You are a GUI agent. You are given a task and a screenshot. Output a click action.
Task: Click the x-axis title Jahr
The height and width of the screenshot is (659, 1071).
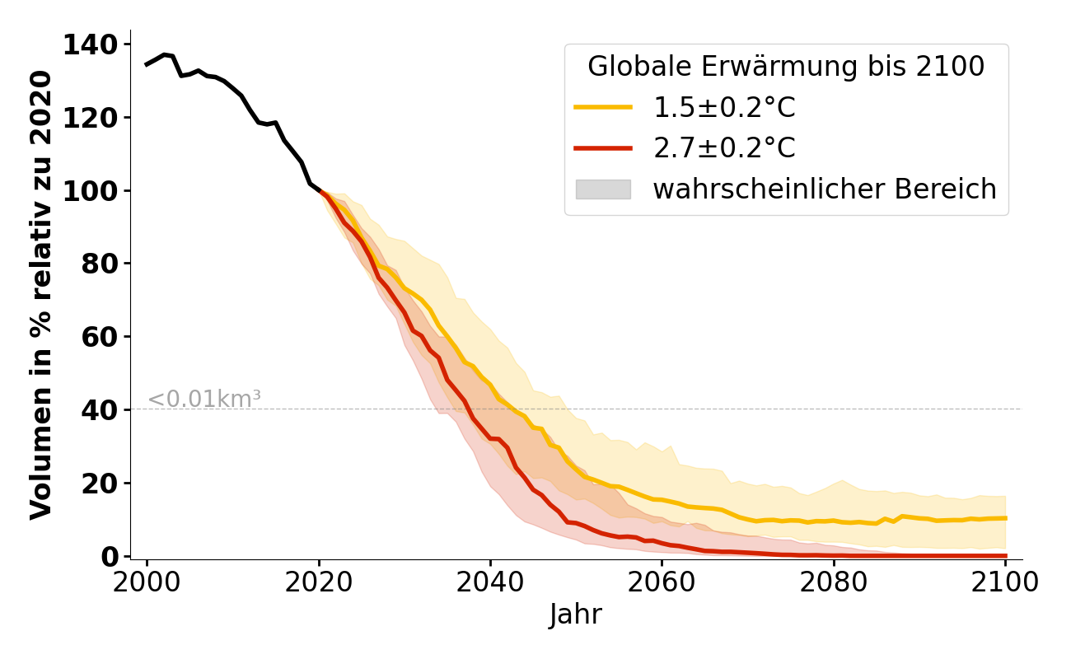(576, 615)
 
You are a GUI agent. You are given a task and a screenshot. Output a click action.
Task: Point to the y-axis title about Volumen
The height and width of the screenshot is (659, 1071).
(41, 295)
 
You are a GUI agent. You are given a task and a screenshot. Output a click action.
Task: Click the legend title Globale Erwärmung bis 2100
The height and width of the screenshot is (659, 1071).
(786, 67)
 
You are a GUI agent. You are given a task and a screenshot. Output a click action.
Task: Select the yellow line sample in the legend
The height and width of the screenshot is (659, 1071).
(603, 107)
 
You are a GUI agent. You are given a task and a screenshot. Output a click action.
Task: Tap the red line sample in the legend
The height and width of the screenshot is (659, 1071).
(603, 148)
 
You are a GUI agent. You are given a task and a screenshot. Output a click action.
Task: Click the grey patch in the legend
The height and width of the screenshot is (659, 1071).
(603, 189)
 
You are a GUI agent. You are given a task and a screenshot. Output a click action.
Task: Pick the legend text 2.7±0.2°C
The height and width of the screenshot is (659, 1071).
(724, 148)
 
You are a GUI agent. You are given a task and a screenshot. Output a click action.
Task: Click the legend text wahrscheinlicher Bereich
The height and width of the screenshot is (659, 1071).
(825, 189)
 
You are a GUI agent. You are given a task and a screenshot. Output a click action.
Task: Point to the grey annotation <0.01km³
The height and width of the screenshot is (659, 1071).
(204, 399)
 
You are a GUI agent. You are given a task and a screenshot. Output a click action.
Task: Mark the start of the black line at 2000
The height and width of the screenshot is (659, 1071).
(147, 64)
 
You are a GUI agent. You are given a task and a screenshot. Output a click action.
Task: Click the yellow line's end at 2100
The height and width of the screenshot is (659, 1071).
(1005, 518)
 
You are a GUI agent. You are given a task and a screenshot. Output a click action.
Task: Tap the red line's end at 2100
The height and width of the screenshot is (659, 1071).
(1005, 556)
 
